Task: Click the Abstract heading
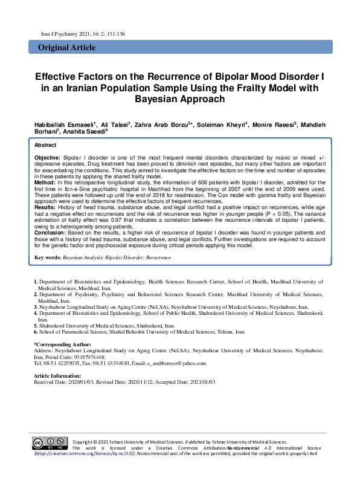pyautogui.click(x=45, y=146)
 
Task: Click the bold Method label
pyautogui.click(x=45, y=181)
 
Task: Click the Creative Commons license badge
pyautogui.click(x=49, y=443)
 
